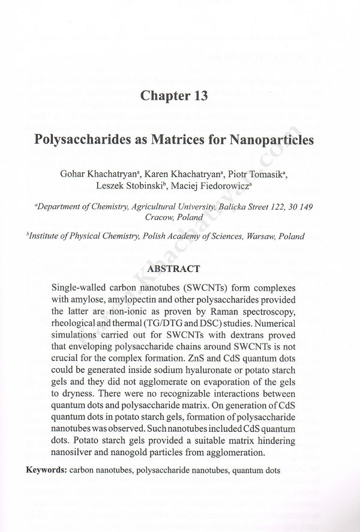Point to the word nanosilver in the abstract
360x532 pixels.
pyautogui.click(x=74, y=452)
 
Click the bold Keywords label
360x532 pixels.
pyautogui.click(x=45, y=468)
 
